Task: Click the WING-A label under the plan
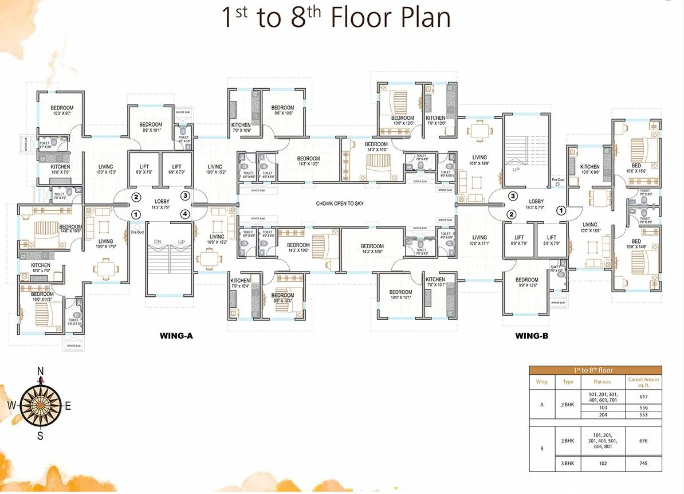click(x=176, y=336)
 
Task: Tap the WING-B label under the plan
click(x=531, y=336)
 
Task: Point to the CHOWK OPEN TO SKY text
click(x=340, y=203)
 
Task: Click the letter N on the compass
click(x=40, y=371)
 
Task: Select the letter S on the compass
click(x=40, y=436)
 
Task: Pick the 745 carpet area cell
click(x=644, y=464)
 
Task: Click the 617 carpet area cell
click(x=644, y=397)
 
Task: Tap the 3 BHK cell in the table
click(x=568, y=464)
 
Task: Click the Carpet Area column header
click(x=644, y=382)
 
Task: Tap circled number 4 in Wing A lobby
click(x=184, y=214)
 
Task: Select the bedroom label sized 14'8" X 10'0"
click(x=70, y=229)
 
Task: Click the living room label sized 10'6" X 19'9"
click(x=479, y=160)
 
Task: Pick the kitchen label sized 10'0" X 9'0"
click(x=589, y=154)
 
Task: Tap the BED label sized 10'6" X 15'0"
click(x=636, y=168)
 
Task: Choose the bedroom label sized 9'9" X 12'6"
click(x=526, y=283)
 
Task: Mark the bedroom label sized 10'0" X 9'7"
click(x=62, y=111)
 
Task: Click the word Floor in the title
click(x=374, y=18)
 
